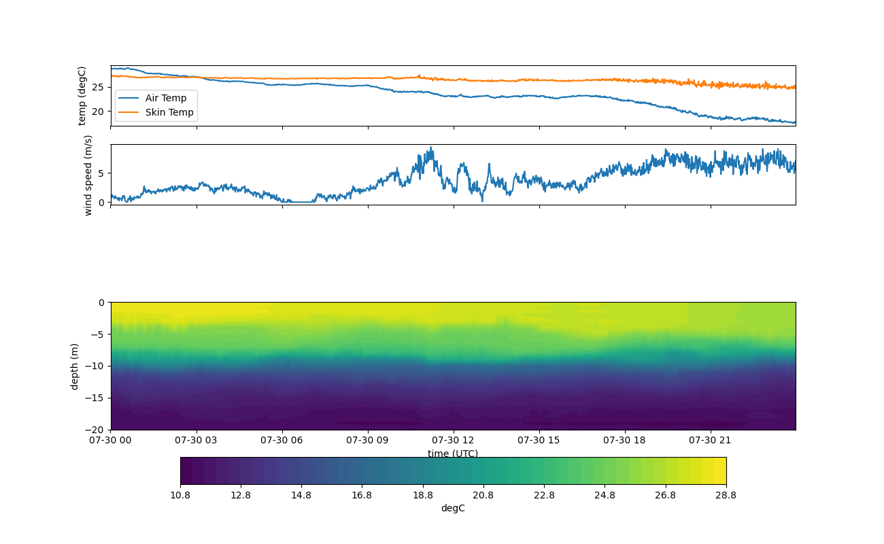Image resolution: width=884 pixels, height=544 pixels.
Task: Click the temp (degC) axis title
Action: (82, 96)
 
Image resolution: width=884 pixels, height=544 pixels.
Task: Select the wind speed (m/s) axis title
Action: (88, 175)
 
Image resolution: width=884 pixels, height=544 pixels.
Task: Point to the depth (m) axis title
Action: (75, 366)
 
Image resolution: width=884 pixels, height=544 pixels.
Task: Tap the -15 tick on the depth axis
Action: (97, 398)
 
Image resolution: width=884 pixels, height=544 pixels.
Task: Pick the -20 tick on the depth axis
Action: (97, 430)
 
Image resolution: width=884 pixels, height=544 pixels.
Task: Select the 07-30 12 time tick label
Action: (453, 440)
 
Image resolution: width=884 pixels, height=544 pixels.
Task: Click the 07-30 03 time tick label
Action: (197, 440)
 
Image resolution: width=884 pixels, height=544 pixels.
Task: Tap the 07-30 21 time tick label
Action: (711, 440)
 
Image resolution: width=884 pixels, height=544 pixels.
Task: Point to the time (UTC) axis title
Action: (453, 454)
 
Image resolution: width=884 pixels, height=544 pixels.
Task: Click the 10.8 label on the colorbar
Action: (180, 495)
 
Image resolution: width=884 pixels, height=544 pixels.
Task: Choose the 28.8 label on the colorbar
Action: (726, 495)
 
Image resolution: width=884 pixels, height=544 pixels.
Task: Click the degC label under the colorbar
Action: (453, 508)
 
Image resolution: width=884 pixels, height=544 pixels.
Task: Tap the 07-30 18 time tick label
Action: (625, 440)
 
